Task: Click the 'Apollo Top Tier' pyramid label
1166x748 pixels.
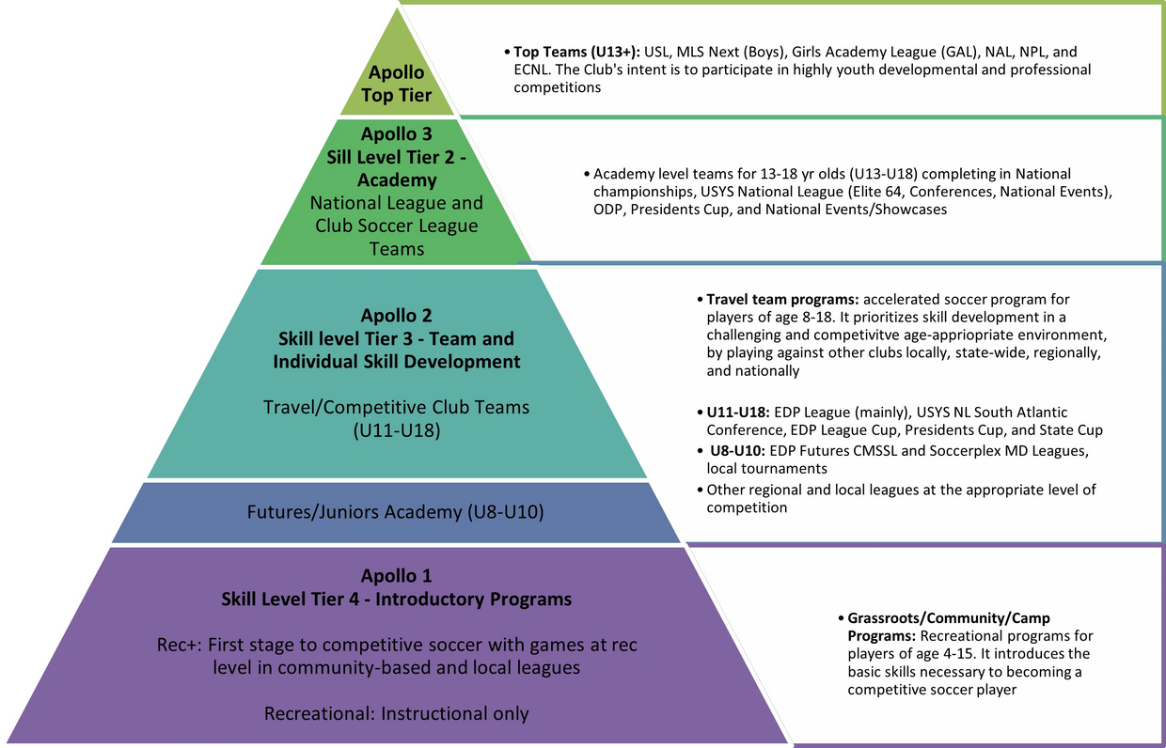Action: (x=396, y=84)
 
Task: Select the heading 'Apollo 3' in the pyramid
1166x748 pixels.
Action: (x=396, y=133)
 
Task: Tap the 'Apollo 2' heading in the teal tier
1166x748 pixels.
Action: (x=396, y=316)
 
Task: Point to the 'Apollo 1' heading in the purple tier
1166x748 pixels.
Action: (x=396, y=575)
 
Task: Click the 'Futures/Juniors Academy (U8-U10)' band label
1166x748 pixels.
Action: (x=396, y=513)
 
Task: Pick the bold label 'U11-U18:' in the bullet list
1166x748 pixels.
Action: (x=736, y=413)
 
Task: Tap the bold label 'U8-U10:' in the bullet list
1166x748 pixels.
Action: (x=737, y=450)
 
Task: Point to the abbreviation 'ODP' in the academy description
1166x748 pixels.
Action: (x=608, y=210)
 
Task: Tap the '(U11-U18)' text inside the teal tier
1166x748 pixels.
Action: (x=396, y=429)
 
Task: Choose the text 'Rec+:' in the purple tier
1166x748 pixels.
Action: (x=179, y=646)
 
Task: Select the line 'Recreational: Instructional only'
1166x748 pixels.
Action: (x=396, y=713)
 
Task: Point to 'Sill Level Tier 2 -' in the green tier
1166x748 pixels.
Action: (x=396, y=156)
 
